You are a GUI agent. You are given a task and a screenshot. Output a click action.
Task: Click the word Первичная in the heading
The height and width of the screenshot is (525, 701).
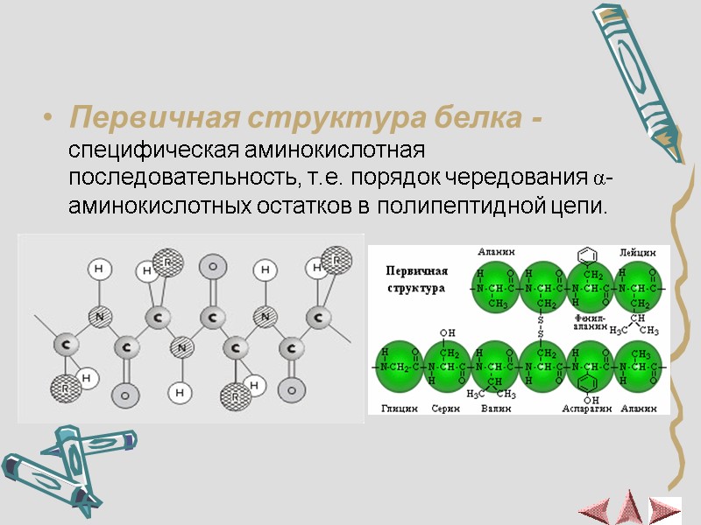click(x=145, y=117)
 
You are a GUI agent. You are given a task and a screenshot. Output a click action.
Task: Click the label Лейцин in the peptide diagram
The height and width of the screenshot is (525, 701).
click(x=637, y=252)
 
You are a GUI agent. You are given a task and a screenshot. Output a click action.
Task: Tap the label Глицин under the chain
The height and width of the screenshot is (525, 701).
click(x=398, y=409)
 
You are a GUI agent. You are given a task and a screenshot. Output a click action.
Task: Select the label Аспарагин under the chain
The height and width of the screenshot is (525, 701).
click(x=588, y=409)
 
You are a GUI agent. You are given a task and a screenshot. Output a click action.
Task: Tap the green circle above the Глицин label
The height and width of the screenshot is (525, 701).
click(x=400, y=364)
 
